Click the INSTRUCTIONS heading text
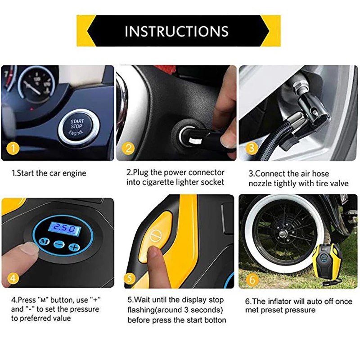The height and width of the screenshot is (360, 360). tap(176, 31)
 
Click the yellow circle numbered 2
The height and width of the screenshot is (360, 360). tap(129, 148)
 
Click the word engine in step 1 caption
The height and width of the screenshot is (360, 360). tap(75, 173)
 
